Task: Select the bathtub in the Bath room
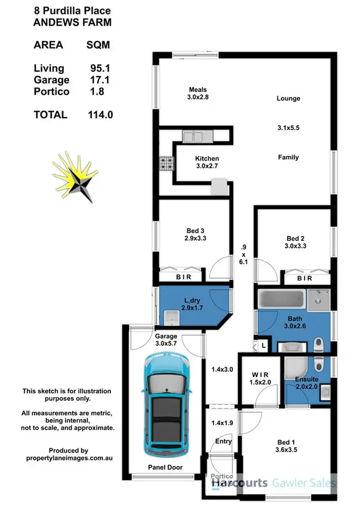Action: tap(281, 301)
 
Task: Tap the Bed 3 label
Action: tap(195, 230)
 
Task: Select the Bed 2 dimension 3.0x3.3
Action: tap(296, 246)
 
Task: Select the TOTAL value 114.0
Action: tap(100, 115)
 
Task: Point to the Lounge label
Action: tap(288, 98)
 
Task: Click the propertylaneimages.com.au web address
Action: tap(68, 458)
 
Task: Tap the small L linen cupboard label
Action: tap(264, 345)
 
